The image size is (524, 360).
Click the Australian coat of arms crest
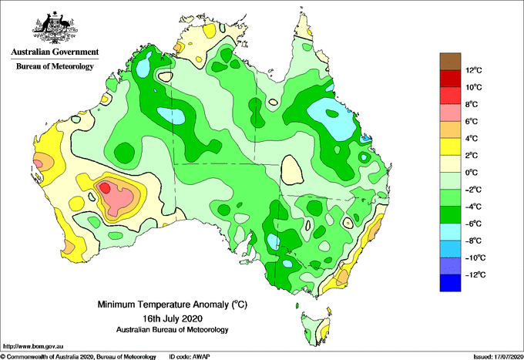click(55, 28)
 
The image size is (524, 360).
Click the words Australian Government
click(55, 52)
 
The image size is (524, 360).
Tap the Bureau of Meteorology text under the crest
click(55, 66)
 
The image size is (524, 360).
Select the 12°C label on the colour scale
click(474, 70)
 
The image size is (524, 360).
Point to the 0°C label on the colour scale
click(472, 173)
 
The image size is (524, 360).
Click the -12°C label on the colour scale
click(475, 274)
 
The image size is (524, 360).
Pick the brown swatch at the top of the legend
click(450, 62)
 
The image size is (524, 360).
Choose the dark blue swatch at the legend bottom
click(450, 283)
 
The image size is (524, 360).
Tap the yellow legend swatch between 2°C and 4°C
click(450, 146)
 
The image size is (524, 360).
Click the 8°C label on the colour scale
click(472, 104)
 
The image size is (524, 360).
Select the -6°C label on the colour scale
click(473, 224)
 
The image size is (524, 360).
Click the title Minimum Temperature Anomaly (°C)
click(172, 304)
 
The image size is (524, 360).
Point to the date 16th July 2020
click(173, 318)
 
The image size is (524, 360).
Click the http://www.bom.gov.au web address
click(33, 347)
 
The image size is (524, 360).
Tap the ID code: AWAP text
click(190, 357)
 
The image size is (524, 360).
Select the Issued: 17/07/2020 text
click(498, 357)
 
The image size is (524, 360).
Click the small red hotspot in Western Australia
click(106, 187)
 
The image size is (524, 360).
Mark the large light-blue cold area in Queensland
click(331, 119)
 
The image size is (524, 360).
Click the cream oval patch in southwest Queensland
click(292, 170)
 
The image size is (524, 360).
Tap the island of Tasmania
click(316, 328)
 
